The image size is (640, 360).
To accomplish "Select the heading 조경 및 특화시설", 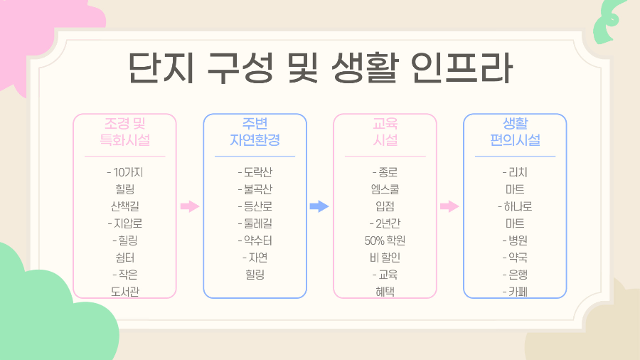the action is coord(124,132).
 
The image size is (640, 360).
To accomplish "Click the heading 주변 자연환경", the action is coord(255,132).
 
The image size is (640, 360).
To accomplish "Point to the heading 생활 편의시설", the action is coord(515,132).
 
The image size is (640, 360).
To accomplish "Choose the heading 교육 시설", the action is coord(385,132).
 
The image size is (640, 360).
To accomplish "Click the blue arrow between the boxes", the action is coord(319,206).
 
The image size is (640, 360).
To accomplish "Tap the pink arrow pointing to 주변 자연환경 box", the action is coord(189,206).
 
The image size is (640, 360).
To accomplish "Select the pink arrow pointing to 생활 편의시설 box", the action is coord(449,206).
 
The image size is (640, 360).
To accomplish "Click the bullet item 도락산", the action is coord(257,172).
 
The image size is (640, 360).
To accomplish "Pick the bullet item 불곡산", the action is coord(257,189).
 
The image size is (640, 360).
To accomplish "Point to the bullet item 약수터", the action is coord(257,240).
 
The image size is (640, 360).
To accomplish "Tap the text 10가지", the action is coord(128,172).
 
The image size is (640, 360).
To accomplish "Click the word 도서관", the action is coord(124,292).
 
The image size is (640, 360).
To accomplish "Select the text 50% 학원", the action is coord(385,240).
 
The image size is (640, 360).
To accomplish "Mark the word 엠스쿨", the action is coord(385,189).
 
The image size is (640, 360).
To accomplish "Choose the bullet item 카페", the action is coord(518,292).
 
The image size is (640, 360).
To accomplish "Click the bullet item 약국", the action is coord(518,258).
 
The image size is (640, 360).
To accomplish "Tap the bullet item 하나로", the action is coord(518,206).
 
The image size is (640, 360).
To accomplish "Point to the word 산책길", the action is coord(124,206).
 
